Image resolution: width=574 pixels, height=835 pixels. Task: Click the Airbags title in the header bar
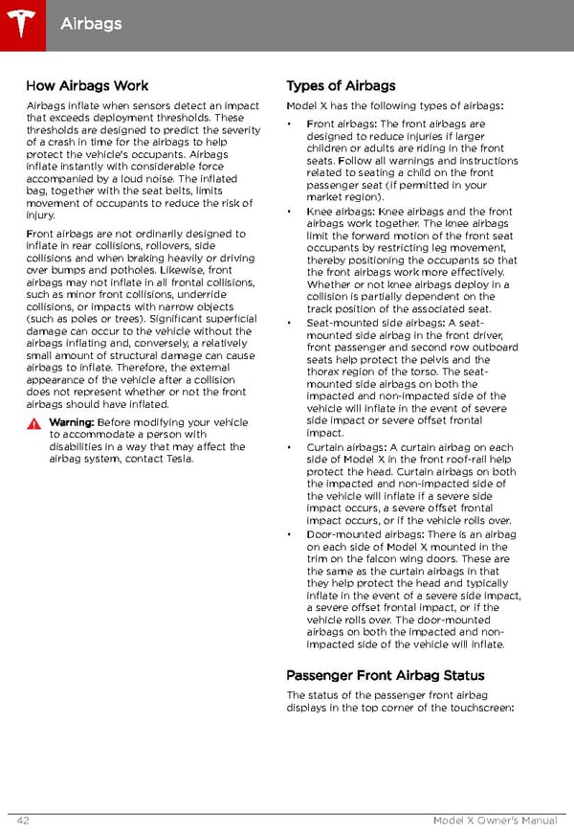(91, 22)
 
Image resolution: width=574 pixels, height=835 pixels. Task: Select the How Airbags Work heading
(87, 86)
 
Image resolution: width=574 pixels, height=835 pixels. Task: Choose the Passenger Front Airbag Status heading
(386, 675)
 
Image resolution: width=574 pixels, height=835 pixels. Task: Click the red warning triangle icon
(34, 423)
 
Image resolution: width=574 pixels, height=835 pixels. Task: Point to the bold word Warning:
(71, 422)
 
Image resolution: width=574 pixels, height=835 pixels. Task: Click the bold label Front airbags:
(342, 124)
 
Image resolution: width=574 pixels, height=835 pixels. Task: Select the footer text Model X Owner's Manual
(496, 821)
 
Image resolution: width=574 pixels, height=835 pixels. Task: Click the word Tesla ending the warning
(179, 459)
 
